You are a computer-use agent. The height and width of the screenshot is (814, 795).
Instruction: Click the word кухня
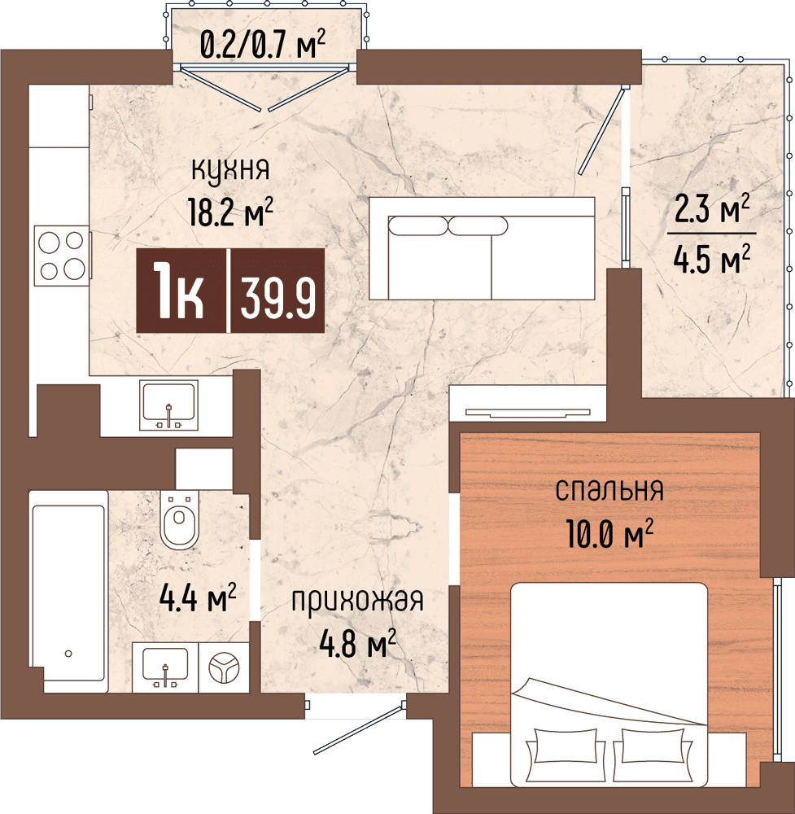point(230,170)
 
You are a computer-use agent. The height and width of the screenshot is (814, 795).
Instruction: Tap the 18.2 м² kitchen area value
point(231,212)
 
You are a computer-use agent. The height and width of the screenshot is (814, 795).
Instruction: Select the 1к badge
point(181,291)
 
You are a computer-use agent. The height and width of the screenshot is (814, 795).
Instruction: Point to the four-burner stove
point(62,256)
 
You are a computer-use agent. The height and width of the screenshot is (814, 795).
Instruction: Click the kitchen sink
point(168,405)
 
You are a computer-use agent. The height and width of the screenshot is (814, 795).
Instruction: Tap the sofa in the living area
point(482,248)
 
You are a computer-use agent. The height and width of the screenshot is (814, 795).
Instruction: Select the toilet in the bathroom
point(180,519)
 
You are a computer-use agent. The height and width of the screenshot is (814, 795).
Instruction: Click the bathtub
point(68,592)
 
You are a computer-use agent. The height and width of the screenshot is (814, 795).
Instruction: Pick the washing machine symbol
point(224,667)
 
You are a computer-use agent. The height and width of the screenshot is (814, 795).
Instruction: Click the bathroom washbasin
point(165,667)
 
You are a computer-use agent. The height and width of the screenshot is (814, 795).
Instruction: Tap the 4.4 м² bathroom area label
point(198,598)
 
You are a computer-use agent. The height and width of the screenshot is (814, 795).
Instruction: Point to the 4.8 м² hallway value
point(357,644)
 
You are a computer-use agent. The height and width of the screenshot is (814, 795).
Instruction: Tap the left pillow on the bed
point(565,746)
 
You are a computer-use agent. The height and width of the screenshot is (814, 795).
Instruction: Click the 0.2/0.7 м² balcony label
point(263,45)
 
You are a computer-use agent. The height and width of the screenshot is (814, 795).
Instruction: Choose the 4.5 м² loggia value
point(712,259)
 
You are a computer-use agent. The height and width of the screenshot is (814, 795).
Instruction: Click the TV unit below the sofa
point(528,403)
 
